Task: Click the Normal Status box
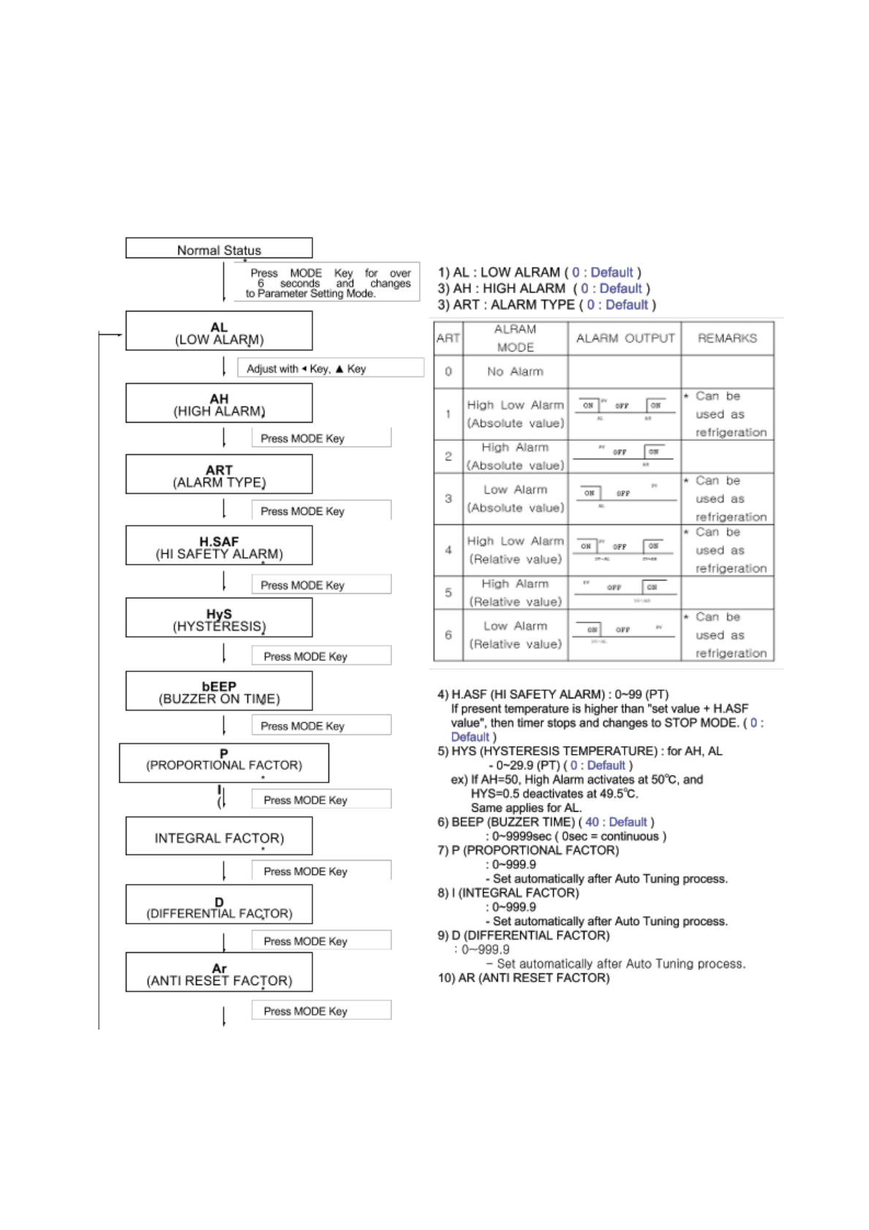[x=219, y=249]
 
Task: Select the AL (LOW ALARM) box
[x=219, y=332]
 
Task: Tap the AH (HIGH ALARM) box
[x=219, y=404]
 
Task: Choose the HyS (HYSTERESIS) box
[x=219, y=619]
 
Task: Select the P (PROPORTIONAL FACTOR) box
[x=224, y=763]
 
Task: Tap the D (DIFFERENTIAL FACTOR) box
[x=219, y=906]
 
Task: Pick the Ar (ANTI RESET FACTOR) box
[x=219, y=973]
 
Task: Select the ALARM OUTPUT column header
[x=625, y=338]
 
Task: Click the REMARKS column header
[x=727, y=338]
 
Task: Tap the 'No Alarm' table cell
[x=515, y=371]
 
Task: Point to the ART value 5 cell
[x=448, y=592]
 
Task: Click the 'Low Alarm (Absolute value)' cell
[x=515, y=498]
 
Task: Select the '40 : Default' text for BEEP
[x=616, y=822]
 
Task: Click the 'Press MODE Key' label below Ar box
[x=306, y=1011]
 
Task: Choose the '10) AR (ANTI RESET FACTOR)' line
[x=523, y=978]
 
